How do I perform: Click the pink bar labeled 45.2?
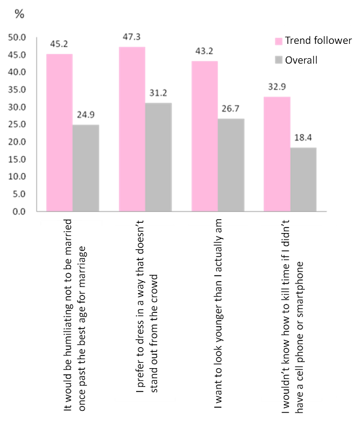59,133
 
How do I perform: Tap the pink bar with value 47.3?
132,129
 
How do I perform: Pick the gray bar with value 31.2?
158,157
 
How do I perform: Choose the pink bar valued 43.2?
205,136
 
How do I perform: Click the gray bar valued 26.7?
231,165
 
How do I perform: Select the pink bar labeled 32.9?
277,154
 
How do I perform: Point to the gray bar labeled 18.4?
304,180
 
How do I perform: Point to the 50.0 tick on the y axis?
17,37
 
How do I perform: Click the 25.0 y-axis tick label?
17,124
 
